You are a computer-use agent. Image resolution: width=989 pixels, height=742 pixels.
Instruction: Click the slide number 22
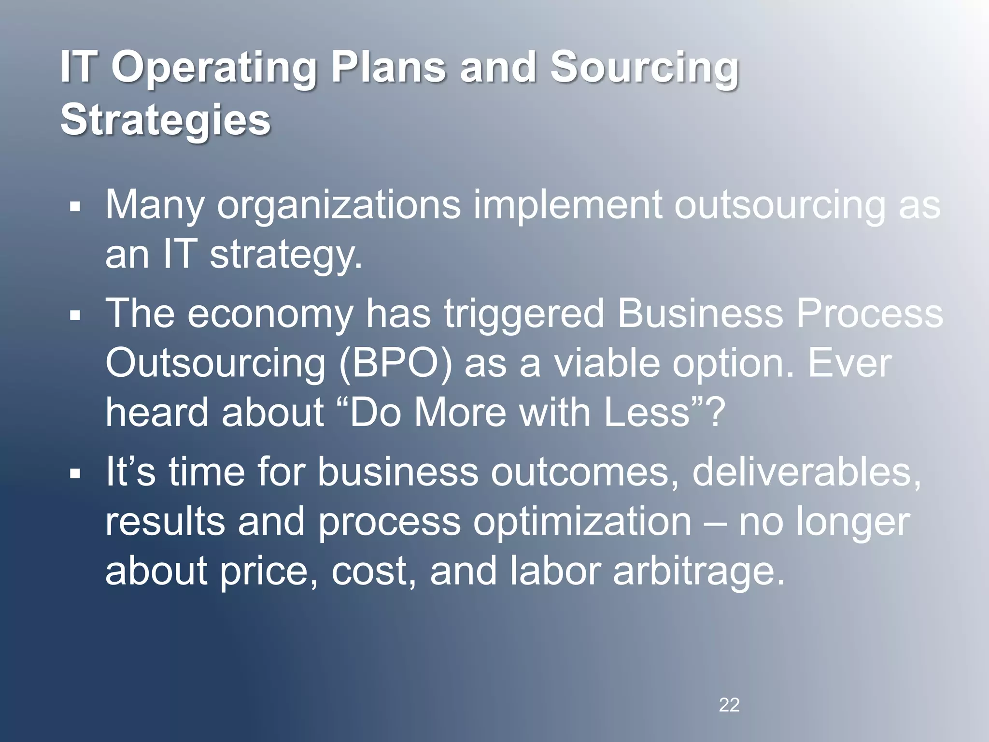tap(729, 705)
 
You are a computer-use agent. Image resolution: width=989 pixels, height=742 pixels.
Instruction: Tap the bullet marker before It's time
tap(74, 473)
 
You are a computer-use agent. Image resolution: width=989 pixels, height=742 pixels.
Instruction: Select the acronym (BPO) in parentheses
tap(396, 363)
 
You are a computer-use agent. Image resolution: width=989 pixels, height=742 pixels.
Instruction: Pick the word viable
tap(606, 363)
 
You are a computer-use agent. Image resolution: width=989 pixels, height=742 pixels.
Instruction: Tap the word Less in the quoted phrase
tap(647, 413)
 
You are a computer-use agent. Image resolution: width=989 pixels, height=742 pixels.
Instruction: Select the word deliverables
tap(805, 472)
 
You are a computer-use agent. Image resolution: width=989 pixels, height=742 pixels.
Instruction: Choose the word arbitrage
tap(699, 571)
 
